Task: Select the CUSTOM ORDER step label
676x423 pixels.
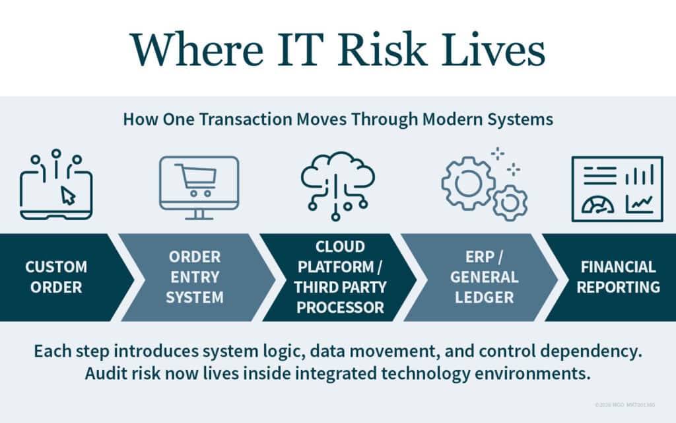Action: pyautogui.click(x=56, y=277)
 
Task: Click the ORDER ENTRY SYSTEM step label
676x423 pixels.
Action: pyautogui.click(x=194, y=277)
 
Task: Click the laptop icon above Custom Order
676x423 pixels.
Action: pyautogui.click(x=56, y=192)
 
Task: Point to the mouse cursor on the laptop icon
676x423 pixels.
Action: pyautogui.click(x=67, y=195)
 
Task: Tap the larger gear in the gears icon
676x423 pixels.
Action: pyautogui.click(x=467, y=182)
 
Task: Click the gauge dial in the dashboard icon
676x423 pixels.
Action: pyautogui.click(x=597, y=206)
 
